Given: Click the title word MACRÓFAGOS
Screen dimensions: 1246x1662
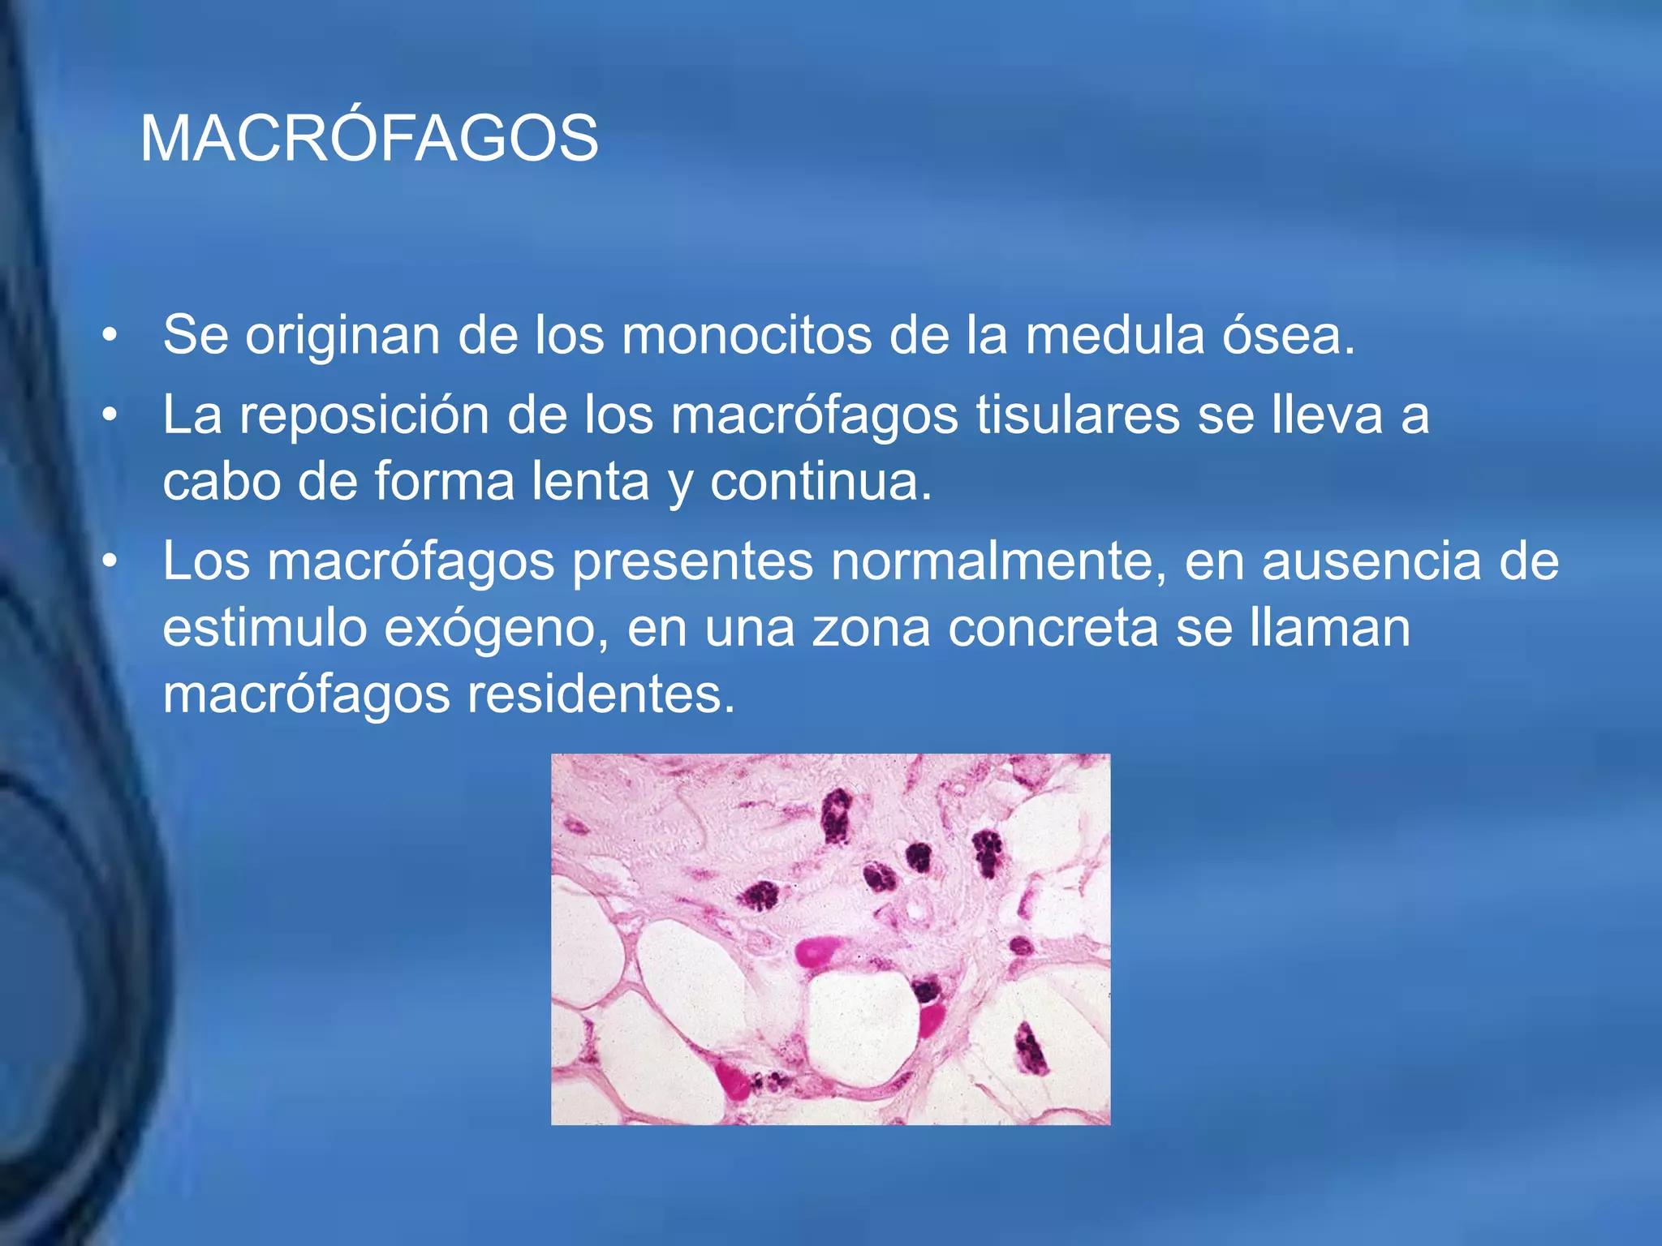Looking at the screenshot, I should click(369, 139).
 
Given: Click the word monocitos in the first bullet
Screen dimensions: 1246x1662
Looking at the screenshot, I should click(747, 335).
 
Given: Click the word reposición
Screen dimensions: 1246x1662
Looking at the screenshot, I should click(364, 416).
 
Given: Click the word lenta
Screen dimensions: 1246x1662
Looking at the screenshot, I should click(590, 481).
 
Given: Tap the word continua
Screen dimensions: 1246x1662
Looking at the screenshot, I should click(820, 481).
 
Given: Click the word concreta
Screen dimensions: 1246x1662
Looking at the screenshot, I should click(1053, 628).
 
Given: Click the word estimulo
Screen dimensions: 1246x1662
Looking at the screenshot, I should click(265, 628).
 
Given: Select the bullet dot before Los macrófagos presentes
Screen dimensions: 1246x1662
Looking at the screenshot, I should click(110, 561).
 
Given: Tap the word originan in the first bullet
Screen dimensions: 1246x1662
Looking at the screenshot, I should click(342, 337).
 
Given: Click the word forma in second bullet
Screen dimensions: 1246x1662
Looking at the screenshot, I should click(444, 481).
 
